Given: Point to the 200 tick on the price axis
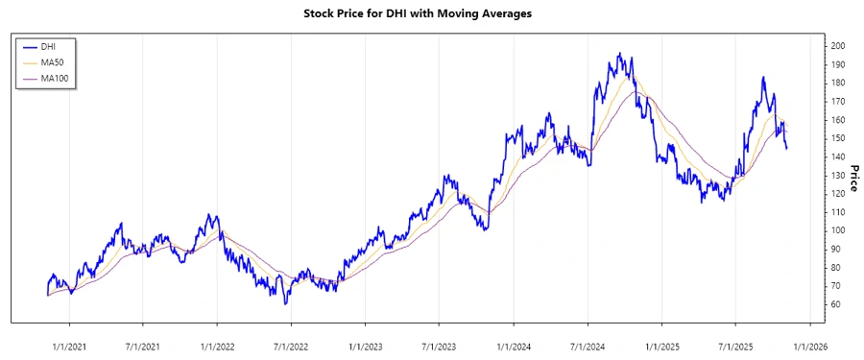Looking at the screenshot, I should point(838,46).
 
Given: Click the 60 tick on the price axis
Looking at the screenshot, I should point(836,304).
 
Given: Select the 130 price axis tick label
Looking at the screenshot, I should point(838,175).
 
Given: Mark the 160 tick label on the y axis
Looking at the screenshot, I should point(838,120).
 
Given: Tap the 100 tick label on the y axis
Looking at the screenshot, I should point(838,230).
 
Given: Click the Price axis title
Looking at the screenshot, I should point(853,179).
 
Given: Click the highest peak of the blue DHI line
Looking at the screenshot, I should point(619,54).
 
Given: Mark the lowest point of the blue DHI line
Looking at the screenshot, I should point(285,303).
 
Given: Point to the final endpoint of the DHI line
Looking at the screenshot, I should point(787,149).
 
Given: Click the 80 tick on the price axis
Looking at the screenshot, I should point(836,267).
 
